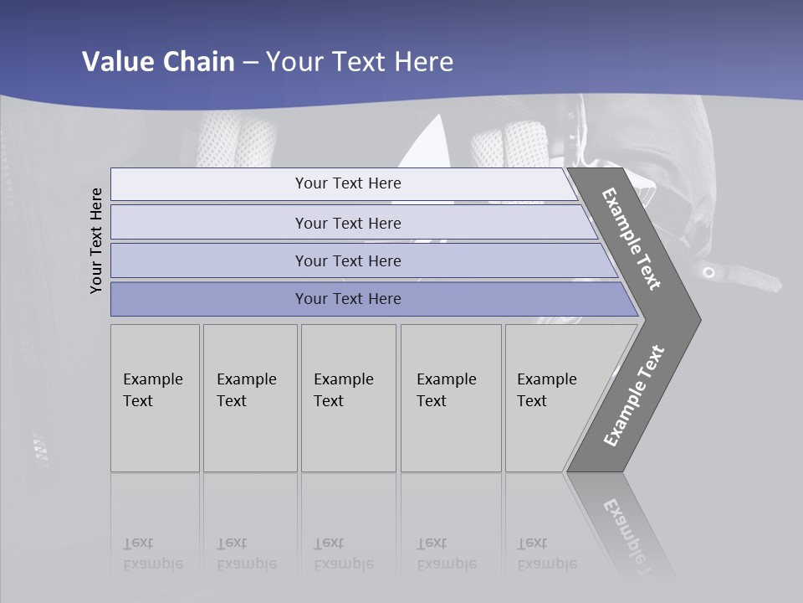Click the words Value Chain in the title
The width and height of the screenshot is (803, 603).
[x=158, y=62]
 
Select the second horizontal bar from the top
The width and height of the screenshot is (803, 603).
[x=347, y=223]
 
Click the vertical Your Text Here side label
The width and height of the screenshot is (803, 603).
[x=96, y=240]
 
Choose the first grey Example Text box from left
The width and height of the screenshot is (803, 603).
[x=155, y=398]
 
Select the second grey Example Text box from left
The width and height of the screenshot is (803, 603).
[x=250, y=398]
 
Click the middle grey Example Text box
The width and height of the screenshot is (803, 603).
[x=348, y=398]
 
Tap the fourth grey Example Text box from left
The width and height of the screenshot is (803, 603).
[x=451, y=398]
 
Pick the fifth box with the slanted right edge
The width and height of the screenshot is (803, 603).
[x=552, y=398]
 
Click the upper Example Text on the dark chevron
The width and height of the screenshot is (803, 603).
[x=632, y=239]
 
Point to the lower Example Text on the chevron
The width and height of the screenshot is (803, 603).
[x=634, y=396]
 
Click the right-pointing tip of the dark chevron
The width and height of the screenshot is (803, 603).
[x=696, y=319]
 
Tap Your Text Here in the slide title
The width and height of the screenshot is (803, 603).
[x=360, y=62]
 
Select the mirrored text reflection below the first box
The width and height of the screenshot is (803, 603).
[x=152, y=554]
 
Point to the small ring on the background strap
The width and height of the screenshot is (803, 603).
[x=708, y=272]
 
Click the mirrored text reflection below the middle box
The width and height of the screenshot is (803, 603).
[x=343, y=554]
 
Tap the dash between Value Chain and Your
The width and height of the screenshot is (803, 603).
[x=250, y=63]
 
